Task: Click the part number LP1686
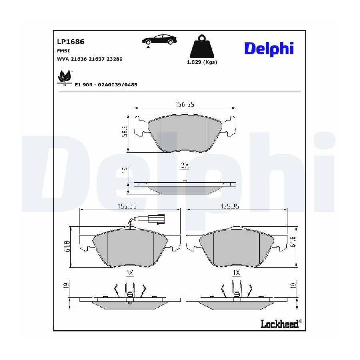click(70, 42)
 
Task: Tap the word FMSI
click(63, 51)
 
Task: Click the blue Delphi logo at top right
click(269, 49)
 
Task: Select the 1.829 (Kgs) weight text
click(202, 62)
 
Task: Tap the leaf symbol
click(64, 77)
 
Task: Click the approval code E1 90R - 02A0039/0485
click(106, 85)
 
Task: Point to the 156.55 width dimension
click(184, 105)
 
